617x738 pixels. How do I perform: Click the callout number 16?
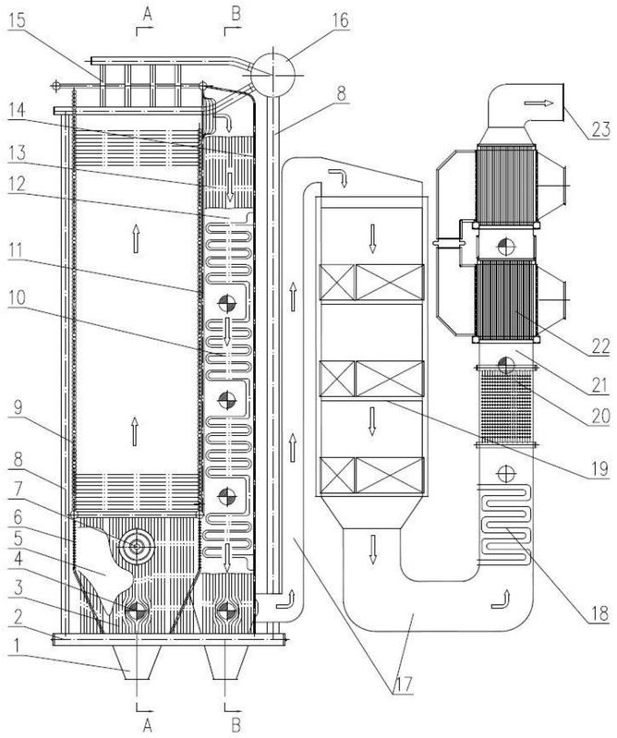click(340, 20)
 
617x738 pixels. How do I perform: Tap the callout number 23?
click(600, 128)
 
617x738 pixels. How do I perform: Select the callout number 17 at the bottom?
click(404, 684)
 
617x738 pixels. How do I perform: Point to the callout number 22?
click(600, 346)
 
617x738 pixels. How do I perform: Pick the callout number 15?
click(18, 21)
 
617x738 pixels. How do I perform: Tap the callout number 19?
click(599, 470)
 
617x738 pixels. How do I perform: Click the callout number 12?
click(17, 183)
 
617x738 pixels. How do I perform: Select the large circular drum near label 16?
click(272, 73)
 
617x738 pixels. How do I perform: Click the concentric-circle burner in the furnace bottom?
click(137, 547)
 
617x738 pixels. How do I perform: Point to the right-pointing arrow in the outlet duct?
click(538, 103)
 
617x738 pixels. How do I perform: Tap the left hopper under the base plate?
click(137, 662)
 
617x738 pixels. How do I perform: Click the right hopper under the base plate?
click(228, 662)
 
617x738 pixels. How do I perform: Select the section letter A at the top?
click(147, 14)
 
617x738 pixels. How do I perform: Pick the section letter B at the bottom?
click(236, 725)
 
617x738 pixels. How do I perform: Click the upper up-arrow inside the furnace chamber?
click(136, 238)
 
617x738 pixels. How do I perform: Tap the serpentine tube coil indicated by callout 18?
click(504, 524)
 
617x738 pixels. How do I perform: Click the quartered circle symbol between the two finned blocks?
click(506, 245)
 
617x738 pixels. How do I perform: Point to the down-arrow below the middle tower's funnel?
click(373, 549)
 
